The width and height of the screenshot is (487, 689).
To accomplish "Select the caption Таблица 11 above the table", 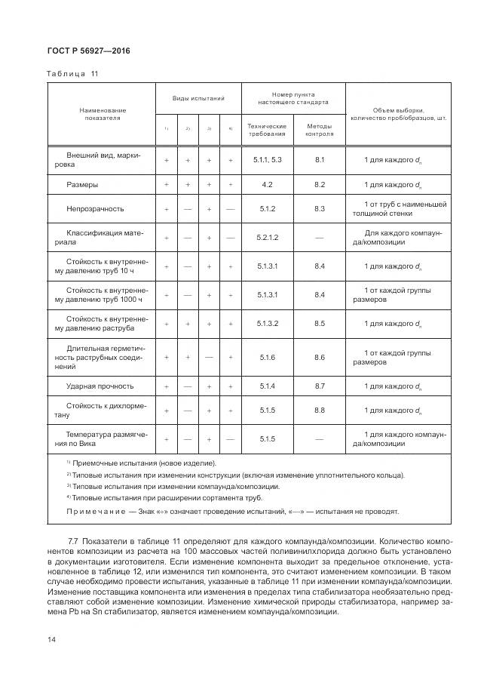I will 73,73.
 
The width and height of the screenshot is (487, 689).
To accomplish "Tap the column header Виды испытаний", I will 198,99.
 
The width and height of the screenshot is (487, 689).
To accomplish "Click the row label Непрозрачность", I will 95,208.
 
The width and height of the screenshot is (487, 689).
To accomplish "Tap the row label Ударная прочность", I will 100,386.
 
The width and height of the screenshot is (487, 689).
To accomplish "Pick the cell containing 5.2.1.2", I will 267,238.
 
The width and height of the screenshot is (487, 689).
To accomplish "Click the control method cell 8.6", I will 319,357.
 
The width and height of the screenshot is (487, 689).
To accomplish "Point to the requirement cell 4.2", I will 267,184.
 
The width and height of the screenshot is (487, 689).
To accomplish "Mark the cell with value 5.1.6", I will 267,357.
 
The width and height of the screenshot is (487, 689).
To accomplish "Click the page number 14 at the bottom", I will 52,639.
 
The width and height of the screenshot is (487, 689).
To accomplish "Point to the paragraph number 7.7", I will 74,541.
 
